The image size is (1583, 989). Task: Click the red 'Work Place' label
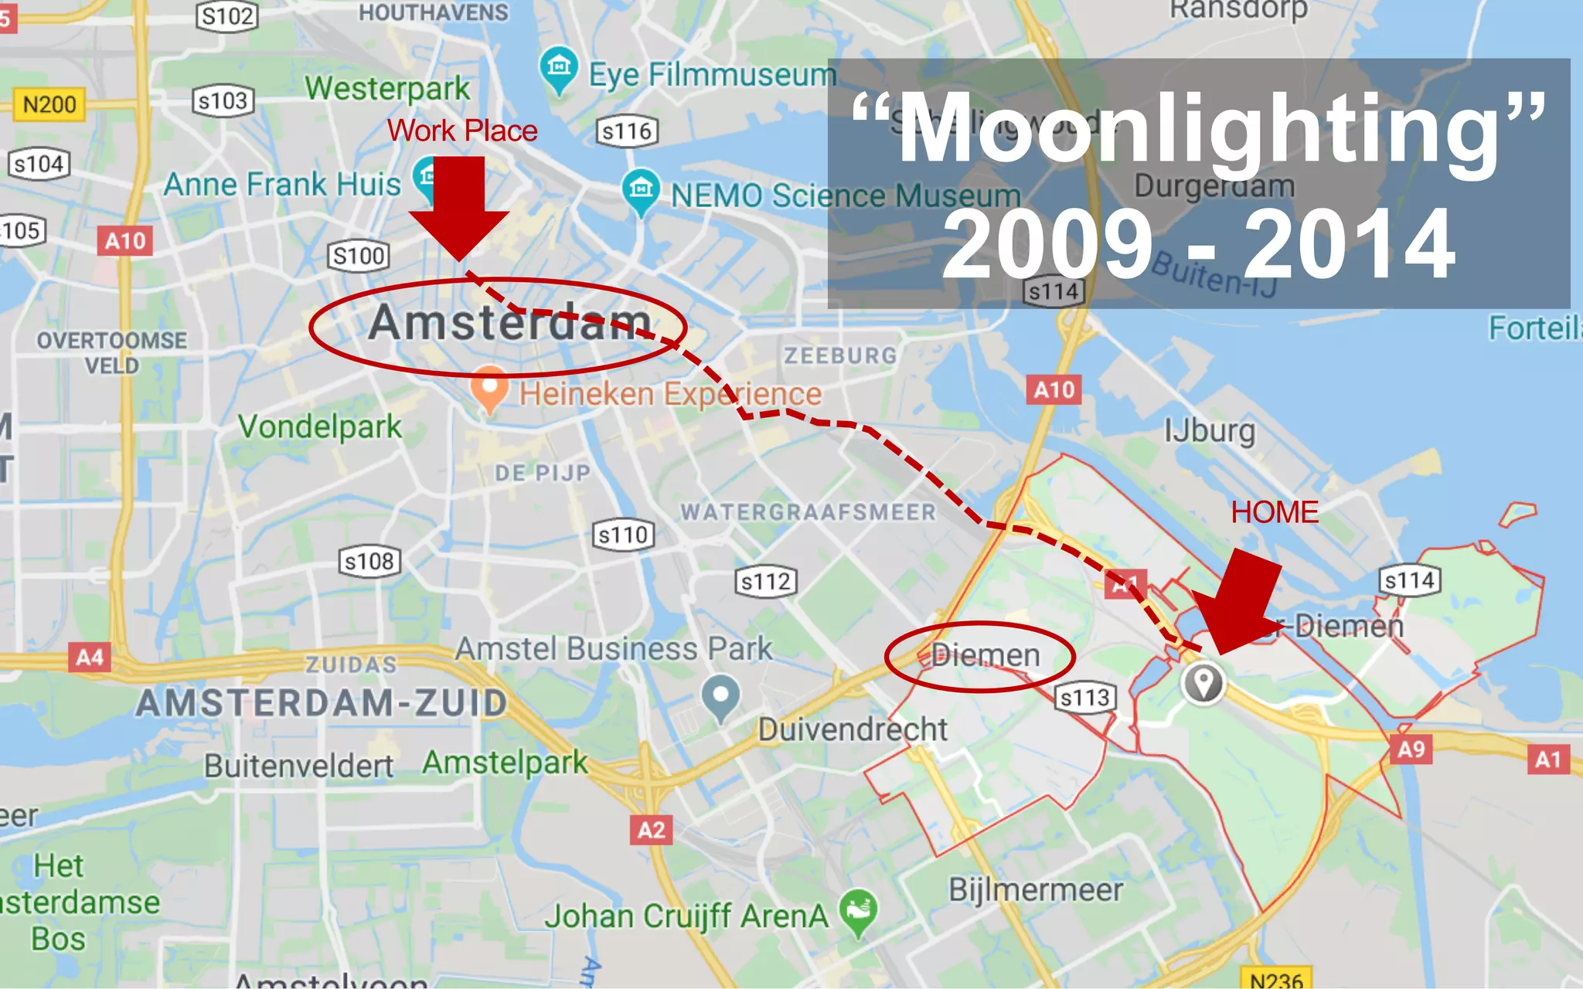pyautogui.click(x=462, y=131)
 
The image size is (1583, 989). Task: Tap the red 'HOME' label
pyautogui.click(x=1275, y=512)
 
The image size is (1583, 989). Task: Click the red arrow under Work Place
pyautogui.click(x=459, y=206)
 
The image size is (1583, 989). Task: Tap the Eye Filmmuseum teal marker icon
pyautogui.click(x=558, y=69)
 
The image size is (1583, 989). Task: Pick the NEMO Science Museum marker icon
pyautogui.click(x=641, y=189)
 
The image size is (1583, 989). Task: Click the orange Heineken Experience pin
pyautogui.click(x=489, y=388)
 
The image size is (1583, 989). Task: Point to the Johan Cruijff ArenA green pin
pyautogui.click(x=858, y=910)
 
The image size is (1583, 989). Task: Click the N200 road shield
pyautogui.click(x=49, y=104)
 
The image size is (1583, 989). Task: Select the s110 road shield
pyautogui.click(x=623, y=535)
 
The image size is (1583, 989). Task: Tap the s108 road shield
pyautogui.click(x=369, y=561)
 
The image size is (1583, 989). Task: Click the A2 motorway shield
pyautogui.click(x=651, y=831)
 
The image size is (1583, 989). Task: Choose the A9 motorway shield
pyautogui.click(x=1411, y=749)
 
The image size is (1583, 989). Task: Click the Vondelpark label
pyautogui.click(x=320, y=427)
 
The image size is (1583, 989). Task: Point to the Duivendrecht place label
pyautogui.click(x=853, y=729)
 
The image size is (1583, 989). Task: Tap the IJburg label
pyautogui.click(x=1210, y=431)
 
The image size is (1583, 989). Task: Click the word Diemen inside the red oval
pyautogui.click(x=986, y=656)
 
